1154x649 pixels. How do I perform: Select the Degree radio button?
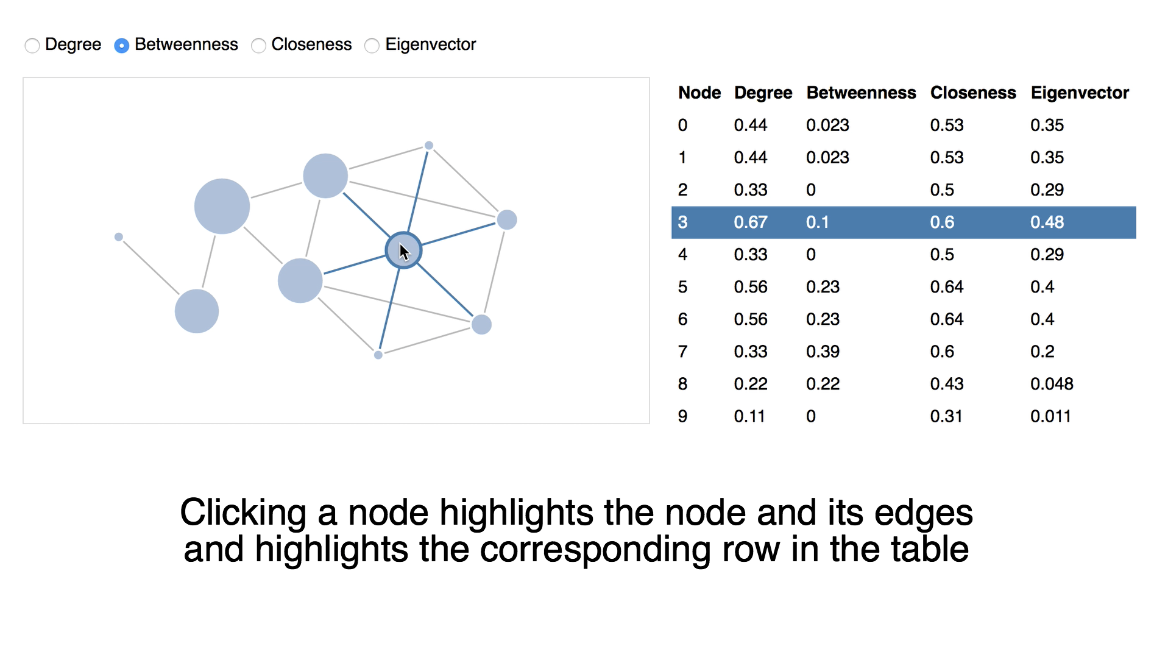pyautogui.click(x=32, y=46)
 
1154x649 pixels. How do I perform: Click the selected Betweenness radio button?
pyautogui.click(x=122, y=46)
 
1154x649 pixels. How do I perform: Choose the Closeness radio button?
pyautogui.click(x=258, y=46)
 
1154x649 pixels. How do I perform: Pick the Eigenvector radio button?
pyautogui.click(x=372, y=46)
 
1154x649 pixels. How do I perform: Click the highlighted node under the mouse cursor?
pyautogui.click(x=403, y=250)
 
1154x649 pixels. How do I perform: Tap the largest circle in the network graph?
pyautogui.click(x=222, y=206)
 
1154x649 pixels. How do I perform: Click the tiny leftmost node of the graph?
pyautogui.click(x=119, y=237)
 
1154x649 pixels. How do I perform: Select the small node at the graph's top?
pyautogui.click(x=429, y=146)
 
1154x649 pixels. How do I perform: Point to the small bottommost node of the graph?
pyautogui.click(x=378, y=355)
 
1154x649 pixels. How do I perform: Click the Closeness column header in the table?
pyautogui.click(x=972, y=93)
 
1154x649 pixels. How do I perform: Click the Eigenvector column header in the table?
pyautogui.click(x=1079, y=93)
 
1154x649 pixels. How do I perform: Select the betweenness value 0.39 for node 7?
pyautogui.click(x=823, y=352)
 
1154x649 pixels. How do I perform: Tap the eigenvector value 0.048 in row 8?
pyautogui.click(x=1051, y=384)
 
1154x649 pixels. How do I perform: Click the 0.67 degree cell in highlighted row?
pyautogui.click(x=750, y=222)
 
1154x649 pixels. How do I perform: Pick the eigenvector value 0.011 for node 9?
pyautogui.click(x=1050, y=416)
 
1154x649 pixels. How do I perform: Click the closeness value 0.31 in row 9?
pyautogui.click(x=946, y=416)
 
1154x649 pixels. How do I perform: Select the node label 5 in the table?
pyautogui.click(x=682, y=287)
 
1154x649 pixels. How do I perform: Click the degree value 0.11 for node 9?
pyautogui.click(x=749, y=416)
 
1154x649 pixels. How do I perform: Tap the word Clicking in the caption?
pyautogui.click(x=242, y=513)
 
